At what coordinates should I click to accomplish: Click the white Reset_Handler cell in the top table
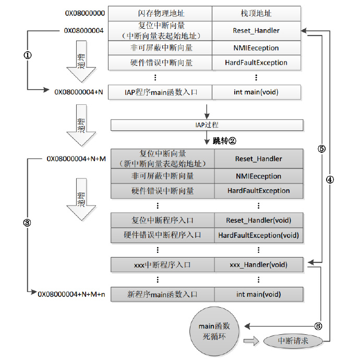tap(257, 30)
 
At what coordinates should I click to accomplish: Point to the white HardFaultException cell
tap(257, 63)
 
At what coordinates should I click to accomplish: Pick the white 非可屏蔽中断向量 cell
tap(160, 48)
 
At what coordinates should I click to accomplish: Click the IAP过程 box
tap(207, 125)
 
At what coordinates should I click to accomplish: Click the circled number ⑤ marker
tap(321, 149)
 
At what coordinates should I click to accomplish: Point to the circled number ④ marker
tap(330, 179)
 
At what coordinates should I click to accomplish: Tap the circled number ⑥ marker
tap(318, 326)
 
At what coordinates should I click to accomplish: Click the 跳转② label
tap(225, 141)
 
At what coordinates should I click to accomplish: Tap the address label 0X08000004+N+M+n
tap(71, 295)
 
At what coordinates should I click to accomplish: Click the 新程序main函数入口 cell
tap(163, 295)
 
